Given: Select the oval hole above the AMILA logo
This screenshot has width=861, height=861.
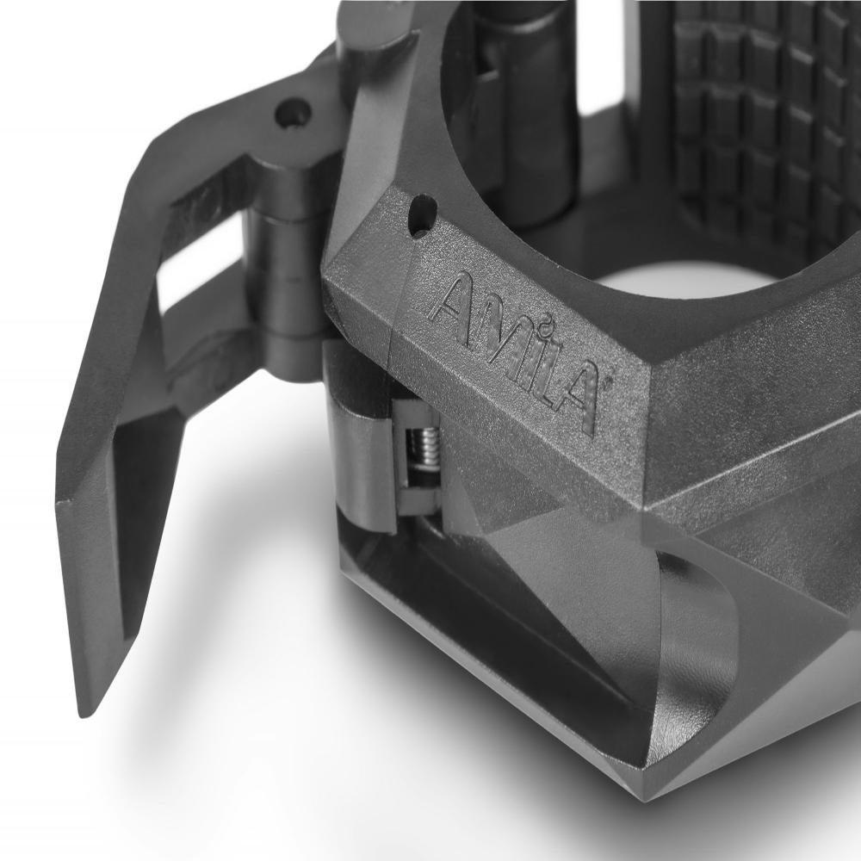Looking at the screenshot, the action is coord(423,216).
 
